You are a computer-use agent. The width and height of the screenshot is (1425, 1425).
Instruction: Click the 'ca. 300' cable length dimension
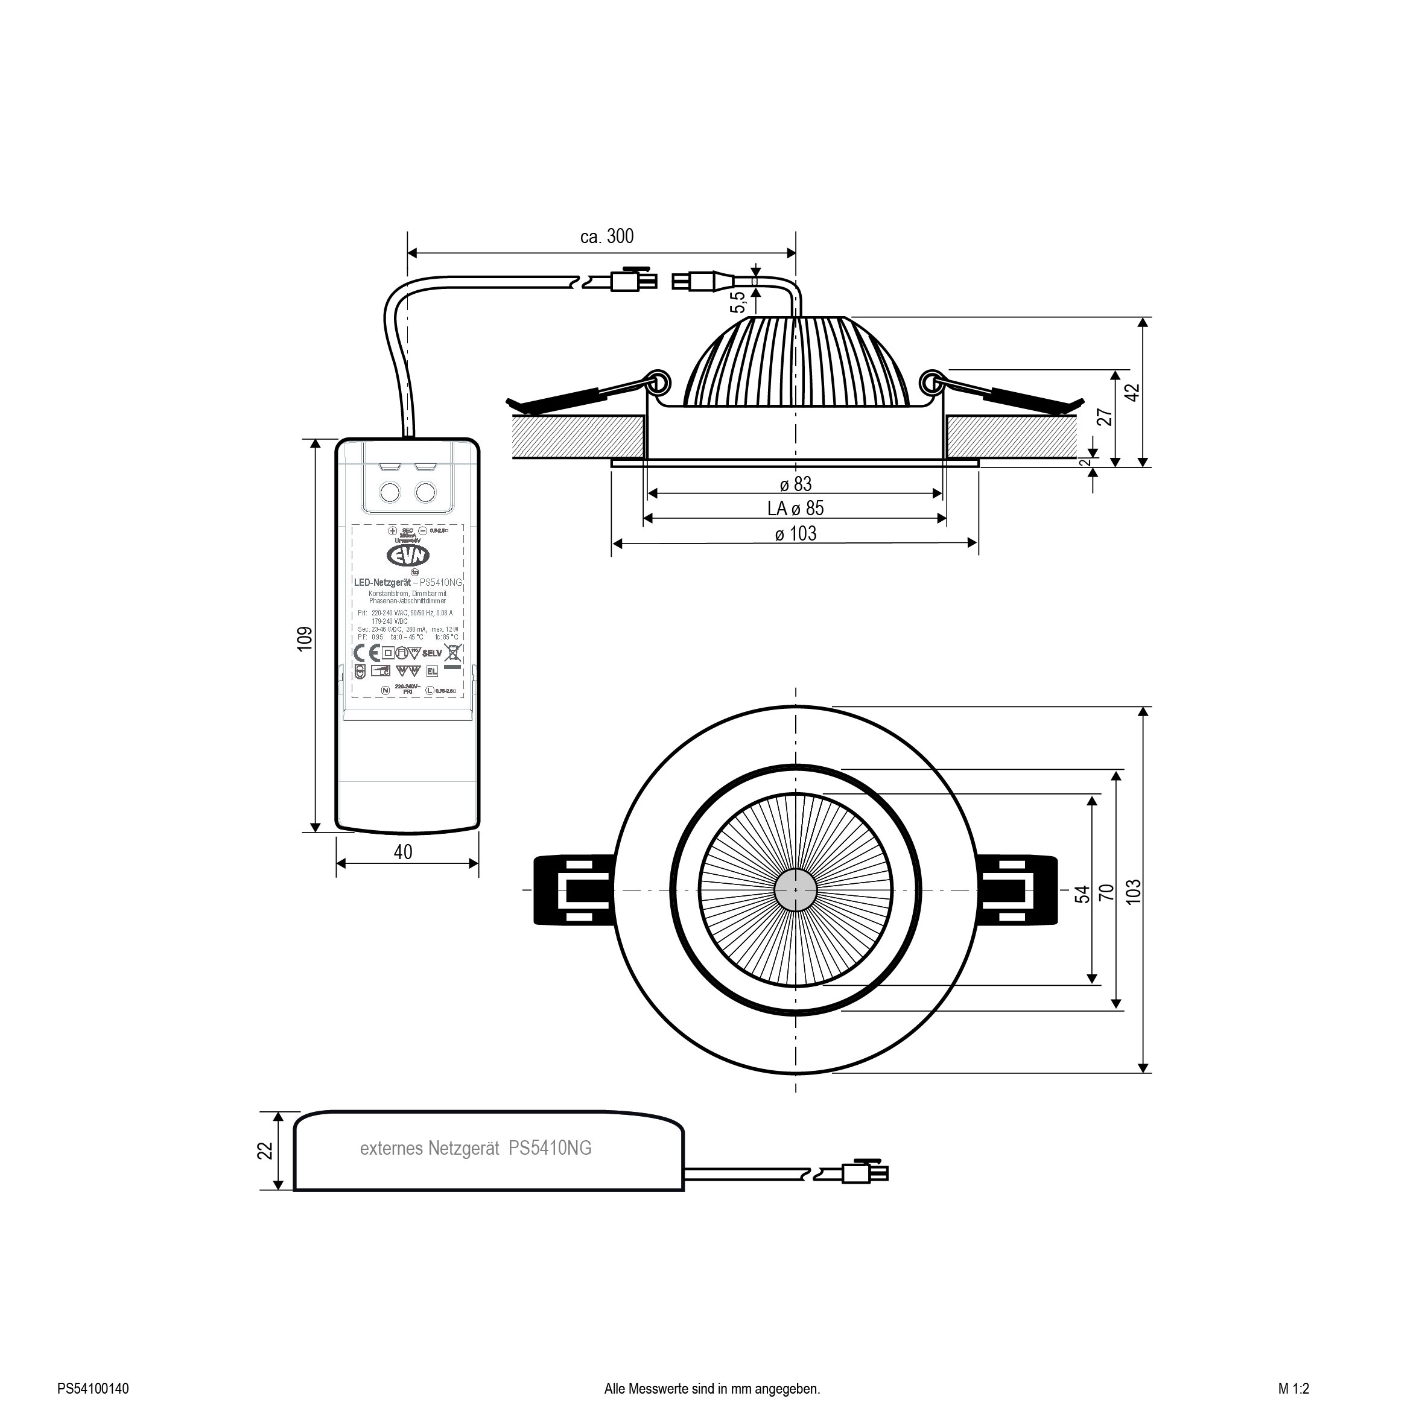pos(607,236)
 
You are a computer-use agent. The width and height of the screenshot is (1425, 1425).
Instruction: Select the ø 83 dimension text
pos(796,484)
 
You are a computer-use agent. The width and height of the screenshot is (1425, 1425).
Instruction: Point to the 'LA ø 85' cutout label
pos(795,508)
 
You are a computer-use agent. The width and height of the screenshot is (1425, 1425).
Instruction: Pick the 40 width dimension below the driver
pos(403,852)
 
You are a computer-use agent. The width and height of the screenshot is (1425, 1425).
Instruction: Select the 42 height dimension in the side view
pos(1134,392)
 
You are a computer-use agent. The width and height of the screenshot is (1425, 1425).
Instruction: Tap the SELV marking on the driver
pos(432,653)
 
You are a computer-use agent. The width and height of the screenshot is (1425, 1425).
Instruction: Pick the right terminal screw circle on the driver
pos(425,491)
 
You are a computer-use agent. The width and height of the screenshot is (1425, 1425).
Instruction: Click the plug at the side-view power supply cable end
pos(864,1172)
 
